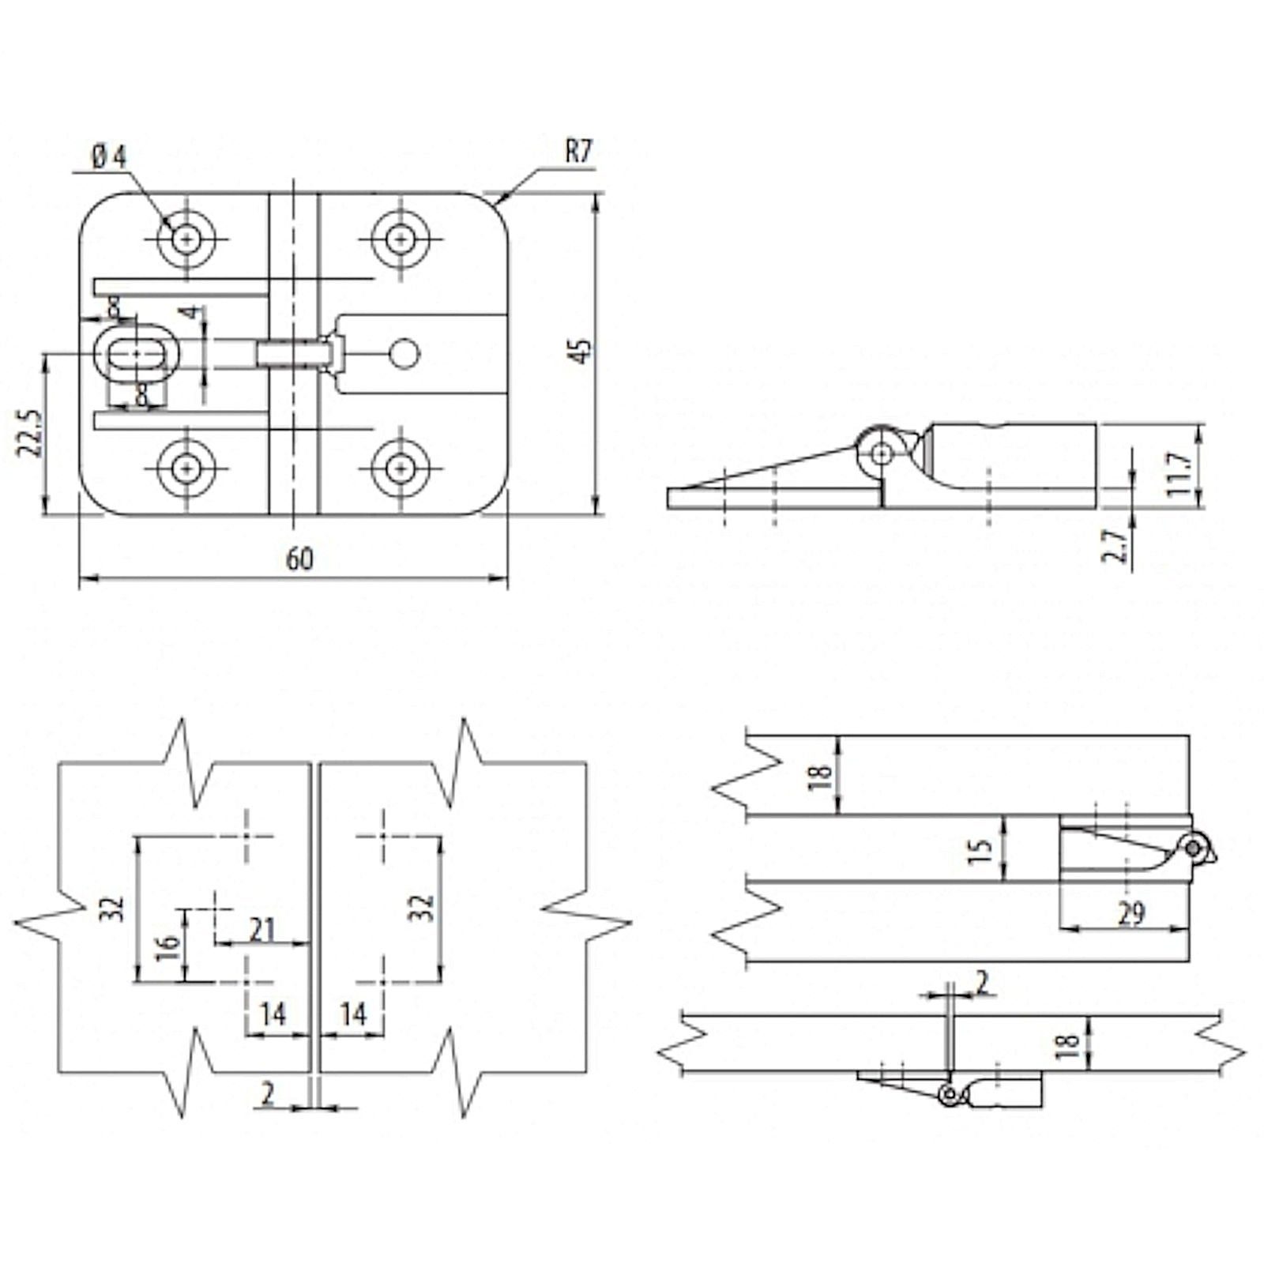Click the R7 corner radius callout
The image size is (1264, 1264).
(578, 152)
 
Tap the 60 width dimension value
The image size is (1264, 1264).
(299, 559)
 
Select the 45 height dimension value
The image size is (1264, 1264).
(581, 351)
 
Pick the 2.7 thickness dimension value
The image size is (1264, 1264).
(1114, 545)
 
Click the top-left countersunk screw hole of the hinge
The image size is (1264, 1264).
(186, 238)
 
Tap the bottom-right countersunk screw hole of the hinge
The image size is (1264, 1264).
(401, 468)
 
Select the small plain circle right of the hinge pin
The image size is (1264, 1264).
(405, 353)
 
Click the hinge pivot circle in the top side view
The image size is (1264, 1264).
(882, 453)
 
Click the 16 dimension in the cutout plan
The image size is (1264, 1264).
(168, 946)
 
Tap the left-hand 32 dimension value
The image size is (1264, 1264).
(115, 908)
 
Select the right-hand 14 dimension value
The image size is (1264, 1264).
(353, 1014)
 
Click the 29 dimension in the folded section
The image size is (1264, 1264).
(1131, 913)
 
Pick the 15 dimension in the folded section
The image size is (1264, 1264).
(980, 850)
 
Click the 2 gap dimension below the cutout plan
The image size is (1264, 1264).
(269, 1094)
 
